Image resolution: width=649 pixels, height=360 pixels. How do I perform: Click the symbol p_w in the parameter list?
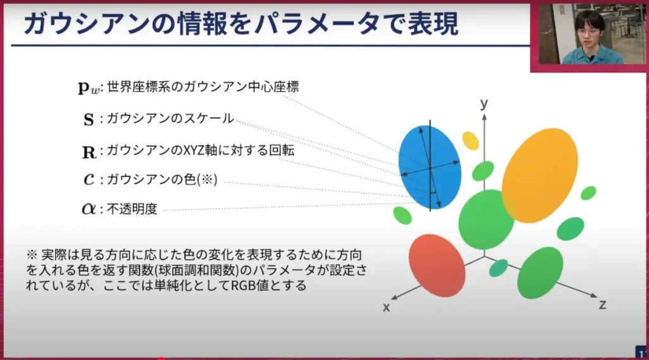[x=89, y=87]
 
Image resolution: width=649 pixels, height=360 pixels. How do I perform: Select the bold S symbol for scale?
[x=89, y=119]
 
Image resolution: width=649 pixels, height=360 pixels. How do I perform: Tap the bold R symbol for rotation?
[x=89, y=152]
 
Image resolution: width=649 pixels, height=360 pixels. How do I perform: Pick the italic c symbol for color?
[x=89, y=179]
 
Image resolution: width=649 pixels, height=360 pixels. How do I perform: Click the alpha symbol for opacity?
[x=89, y=209]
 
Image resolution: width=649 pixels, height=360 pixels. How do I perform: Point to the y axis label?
[x=484, y=103]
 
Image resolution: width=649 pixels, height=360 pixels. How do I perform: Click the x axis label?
[x=386, y=307]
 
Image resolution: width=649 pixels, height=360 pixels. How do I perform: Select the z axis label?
[x=603, y=305]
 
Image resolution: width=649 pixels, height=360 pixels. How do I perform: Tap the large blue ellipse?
[x=430, y=167]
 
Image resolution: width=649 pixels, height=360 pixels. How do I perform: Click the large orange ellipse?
[x=539, y=176]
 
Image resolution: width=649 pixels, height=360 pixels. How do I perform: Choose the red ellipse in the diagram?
[x=437, y=266]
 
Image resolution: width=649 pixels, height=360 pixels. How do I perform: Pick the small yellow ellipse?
[x=471, y=141]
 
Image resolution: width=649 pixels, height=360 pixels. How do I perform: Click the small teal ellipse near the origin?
[x=498, y=268]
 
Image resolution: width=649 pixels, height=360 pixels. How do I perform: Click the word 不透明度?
[x=132, y=209]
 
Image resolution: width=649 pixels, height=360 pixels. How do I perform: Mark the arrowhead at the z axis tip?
[x=594, y=295]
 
